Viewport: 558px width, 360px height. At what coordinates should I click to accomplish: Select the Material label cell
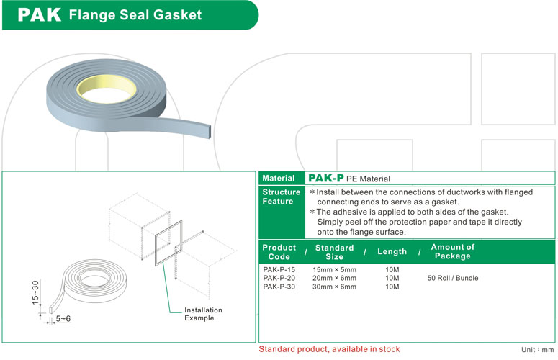coord(278,178)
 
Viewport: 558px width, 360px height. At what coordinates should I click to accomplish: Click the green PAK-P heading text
coord(325,178)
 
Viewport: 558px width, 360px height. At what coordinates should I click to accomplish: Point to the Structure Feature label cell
coord(281,197)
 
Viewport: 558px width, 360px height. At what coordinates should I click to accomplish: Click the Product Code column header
coord(279,252)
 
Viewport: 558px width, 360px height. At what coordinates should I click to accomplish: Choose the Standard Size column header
coord(334,252)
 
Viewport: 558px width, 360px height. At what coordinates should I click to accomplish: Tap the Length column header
coord(392,252)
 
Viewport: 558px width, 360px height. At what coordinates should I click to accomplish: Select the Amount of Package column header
coord(452,251)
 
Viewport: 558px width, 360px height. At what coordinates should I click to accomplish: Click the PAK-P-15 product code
coord(279,269)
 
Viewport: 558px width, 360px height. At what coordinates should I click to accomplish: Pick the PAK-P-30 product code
coord(279,287)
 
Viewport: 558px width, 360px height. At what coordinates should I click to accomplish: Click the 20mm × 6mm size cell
coord(334,278)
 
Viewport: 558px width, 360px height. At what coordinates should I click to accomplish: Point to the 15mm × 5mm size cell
coord(334,269)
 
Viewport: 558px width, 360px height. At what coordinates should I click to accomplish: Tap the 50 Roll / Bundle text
coord(452,278)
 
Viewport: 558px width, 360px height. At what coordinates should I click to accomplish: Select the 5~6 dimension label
coord(63,318)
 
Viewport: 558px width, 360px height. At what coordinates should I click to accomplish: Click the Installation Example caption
coord(204,314)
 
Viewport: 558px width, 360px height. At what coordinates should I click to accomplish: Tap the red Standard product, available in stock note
coord(330,349)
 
